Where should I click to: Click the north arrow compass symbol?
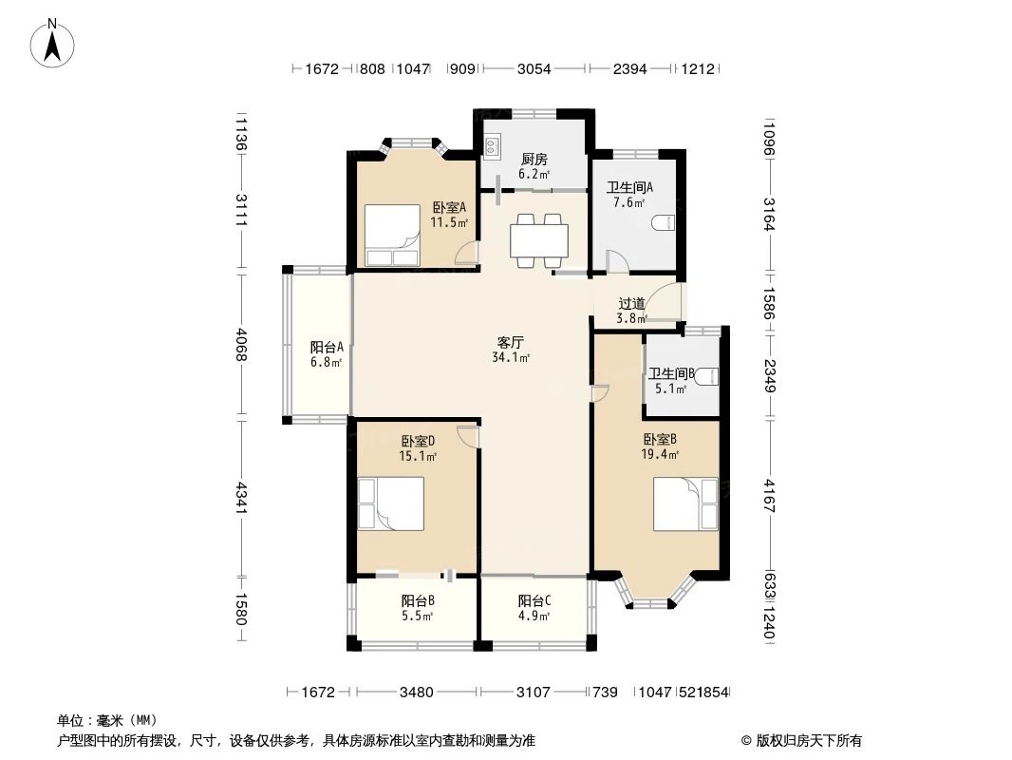coord(52,43)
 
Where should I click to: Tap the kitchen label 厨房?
coord(534,159)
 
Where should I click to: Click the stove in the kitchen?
coord(492,147)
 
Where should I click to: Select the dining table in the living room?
coord(539,241)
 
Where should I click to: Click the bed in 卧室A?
coord(392,236)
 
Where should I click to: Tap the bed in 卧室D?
coord(391,503)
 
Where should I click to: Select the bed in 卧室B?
coord(685,503)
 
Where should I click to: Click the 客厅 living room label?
coord(510,342)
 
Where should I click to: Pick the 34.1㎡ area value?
coord(511,357)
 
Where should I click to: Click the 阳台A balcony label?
coord(326,348)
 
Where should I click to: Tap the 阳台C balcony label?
coord(534,601)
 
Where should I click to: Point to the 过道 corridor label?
coord(631,303)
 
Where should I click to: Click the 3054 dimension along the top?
coord(534,68)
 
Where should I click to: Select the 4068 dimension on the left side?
coord(241,345)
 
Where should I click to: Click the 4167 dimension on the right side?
coord(769,495)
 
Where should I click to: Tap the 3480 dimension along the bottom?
coord(417,693)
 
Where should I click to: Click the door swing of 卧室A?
coord(467,253)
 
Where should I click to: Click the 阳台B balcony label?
coord(418,601)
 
